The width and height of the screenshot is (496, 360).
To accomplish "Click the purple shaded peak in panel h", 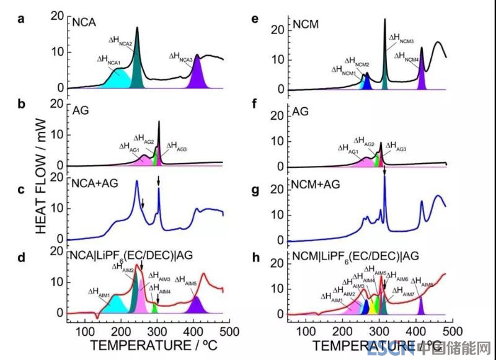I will (421, 307).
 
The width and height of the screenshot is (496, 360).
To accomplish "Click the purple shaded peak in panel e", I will (422, 81).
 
